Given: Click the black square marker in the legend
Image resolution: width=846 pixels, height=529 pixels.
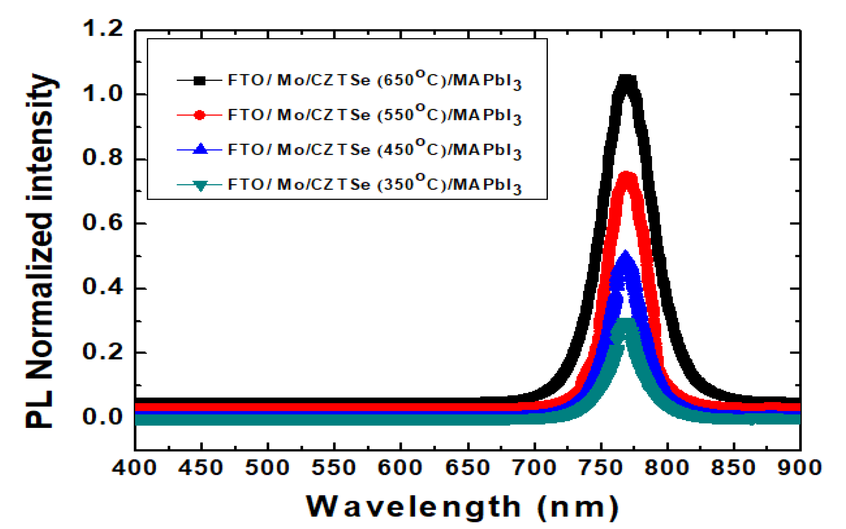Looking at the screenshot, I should [200, 80].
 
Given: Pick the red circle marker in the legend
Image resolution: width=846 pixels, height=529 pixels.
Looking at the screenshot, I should [200, 115].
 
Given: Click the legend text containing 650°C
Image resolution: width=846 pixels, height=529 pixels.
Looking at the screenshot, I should [374, 80].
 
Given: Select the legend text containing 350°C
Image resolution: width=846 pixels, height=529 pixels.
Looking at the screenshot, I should [374, 184].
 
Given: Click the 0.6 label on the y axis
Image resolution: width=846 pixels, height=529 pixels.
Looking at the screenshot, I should [102, 223].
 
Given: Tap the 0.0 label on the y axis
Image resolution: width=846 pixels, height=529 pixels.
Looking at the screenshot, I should [102, 417].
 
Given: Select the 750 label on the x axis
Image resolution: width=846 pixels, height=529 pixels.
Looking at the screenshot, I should [601, 468].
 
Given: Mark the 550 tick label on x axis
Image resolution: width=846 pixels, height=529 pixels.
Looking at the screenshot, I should [334, 468].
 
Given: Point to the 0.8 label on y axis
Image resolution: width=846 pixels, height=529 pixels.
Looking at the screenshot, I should [102, 158].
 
